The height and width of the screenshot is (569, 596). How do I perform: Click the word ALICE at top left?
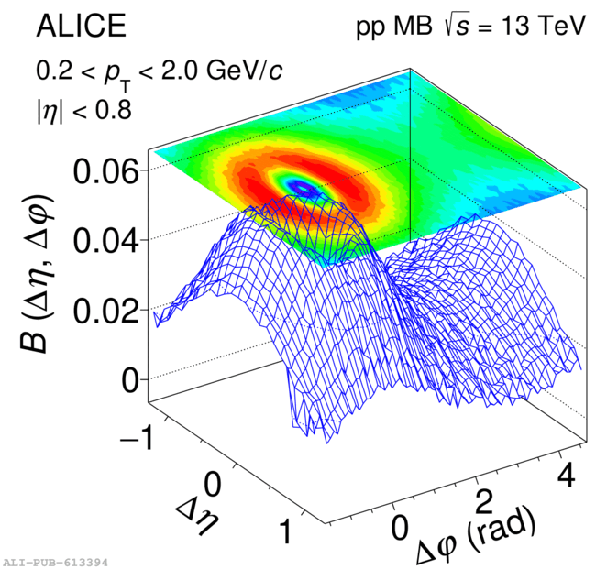tap(81, 27)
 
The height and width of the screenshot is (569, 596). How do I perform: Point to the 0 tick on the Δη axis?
tap(215, 483)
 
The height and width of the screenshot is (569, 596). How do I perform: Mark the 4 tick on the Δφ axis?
tap(568, 474)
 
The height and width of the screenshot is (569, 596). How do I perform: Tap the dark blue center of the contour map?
tap(304, 188)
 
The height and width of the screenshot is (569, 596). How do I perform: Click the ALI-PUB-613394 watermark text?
tap(55, 561)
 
